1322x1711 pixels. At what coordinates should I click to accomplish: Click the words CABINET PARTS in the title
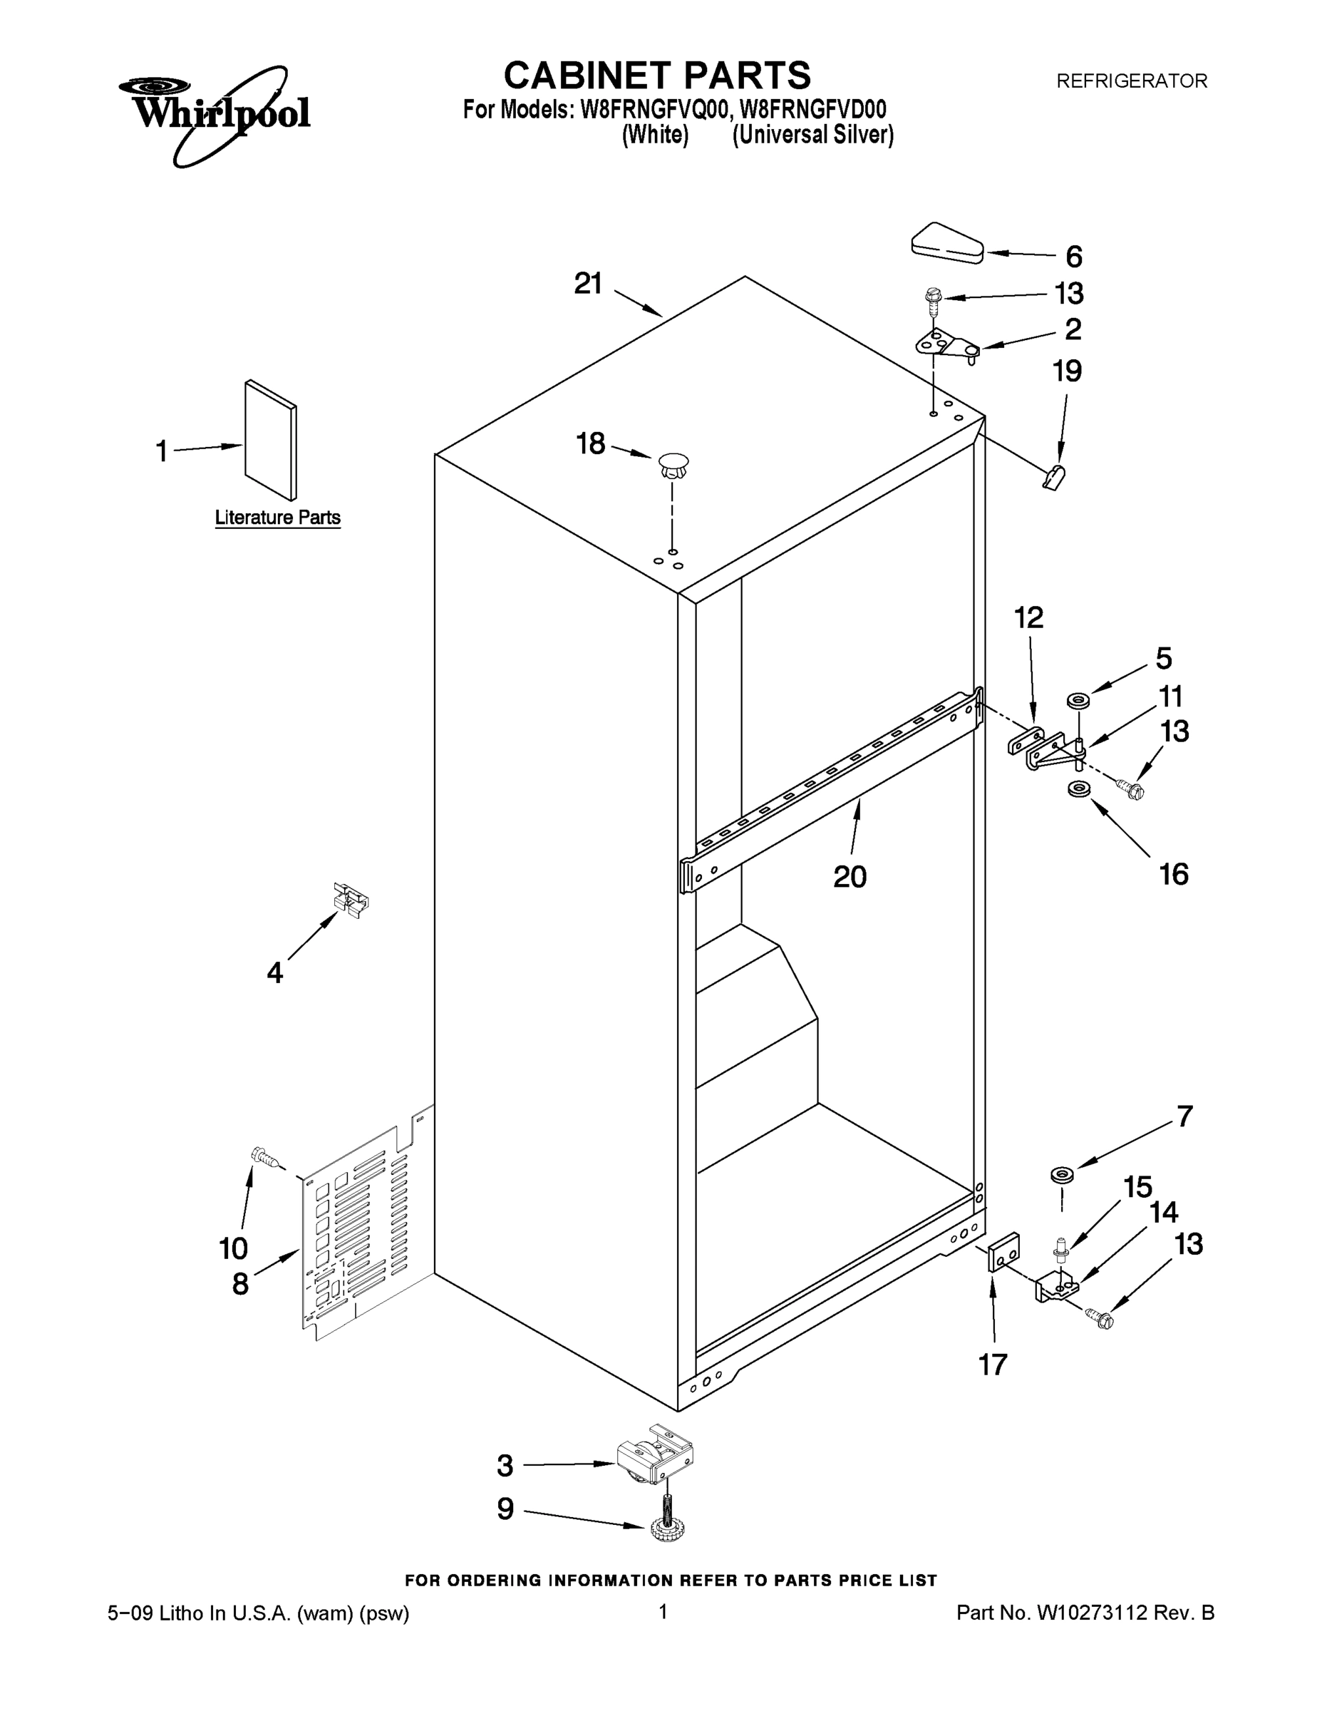[x=656, y=76]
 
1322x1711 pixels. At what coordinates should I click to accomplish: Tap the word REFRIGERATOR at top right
[x=1131, y=81]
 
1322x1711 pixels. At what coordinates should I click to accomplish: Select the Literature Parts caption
[x=277, y=518]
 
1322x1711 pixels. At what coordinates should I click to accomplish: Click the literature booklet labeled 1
[x=270, y=441]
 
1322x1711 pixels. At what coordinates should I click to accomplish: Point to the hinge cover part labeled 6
[x=948, y=243]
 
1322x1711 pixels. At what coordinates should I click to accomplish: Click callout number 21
[x=588, y=284]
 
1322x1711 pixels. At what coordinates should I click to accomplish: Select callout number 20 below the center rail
[x=849, y=877]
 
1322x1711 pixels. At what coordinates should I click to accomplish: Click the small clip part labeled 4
[x=351, y=900]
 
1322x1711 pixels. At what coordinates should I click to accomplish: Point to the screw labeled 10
[x=263, y=1156]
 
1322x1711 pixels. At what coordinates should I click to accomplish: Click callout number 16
[x=1173, y=873]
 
